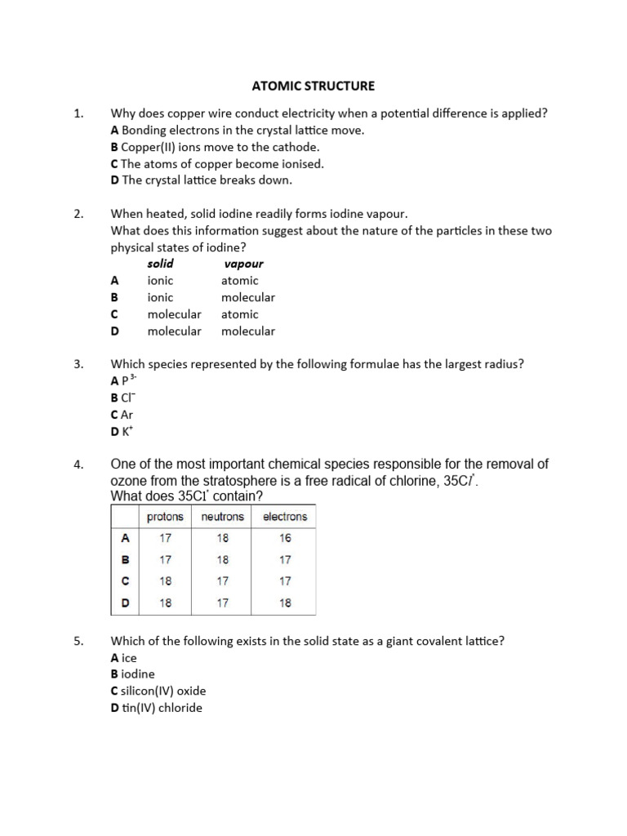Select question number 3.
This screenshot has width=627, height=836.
pyautogui.click(x=79, y=364)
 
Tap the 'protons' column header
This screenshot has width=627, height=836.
pyautogui.click(x=165, y=517)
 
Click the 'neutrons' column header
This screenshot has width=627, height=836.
pyautogui.click(x=222, y=517)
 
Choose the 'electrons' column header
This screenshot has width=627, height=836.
pyautogui.click(x=285, y=517)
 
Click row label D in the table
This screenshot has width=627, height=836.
pyautogui.click(x=125, y=603)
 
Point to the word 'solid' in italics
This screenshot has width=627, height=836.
pyautogui.click(x=160, y=264)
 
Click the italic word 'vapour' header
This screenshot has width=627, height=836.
pyautogui.click(x=243, y=264)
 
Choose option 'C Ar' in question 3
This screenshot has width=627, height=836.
pyautogui.click(x=122, y=415)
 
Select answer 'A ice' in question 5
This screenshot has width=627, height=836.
pyautogui.click(x=124, y=657)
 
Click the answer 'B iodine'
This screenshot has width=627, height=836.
pyautogui.click(x=132, y=674)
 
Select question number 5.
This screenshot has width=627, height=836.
pyautogui.click(x=79, y=641)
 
